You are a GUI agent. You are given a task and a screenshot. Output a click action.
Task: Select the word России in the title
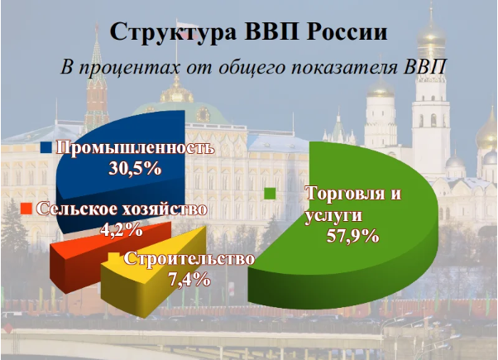[x=347, y=31]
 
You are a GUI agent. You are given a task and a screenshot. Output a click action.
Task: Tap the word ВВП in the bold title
[x=271, y=31]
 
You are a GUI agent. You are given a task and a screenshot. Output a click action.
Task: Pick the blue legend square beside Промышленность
[x=46, y=148]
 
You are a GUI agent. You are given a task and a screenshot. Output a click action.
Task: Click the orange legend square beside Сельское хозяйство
[x=26, y=209]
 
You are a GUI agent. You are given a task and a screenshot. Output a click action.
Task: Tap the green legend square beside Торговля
[x=271, y=194]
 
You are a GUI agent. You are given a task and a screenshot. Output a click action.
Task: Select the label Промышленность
[x=136, y=148]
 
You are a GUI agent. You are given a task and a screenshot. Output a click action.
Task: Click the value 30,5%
[x=135, y=168]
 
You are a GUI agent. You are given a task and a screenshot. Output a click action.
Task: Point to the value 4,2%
[x=122, y=229]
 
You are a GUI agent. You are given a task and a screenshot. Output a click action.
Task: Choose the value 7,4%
[x=189, y=280]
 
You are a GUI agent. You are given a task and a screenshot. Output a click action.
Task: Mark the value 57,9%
[x=353, y=236]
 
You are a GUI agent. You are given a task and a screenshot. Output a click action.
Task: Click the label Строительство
[x=189, y=259]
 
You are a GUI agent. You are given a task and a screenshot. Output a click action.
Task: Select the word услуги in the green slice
[x=333, y=216]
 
